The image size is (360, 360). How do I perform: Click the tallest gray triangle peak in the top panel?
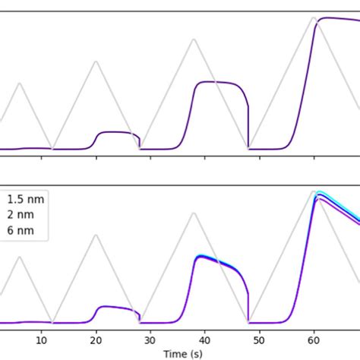(314, 18)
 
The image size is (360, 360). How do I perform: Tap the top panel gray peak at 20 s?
(96, 61)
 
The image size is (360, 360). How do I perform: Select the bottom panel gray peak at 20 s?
(96, 235)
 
